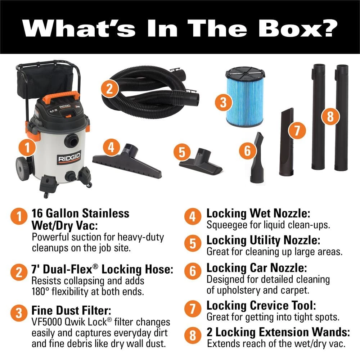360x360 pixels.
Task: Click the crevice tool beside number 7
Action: point(287,144)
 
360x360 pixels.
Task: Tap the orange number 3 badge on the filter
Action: point(224,103)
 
